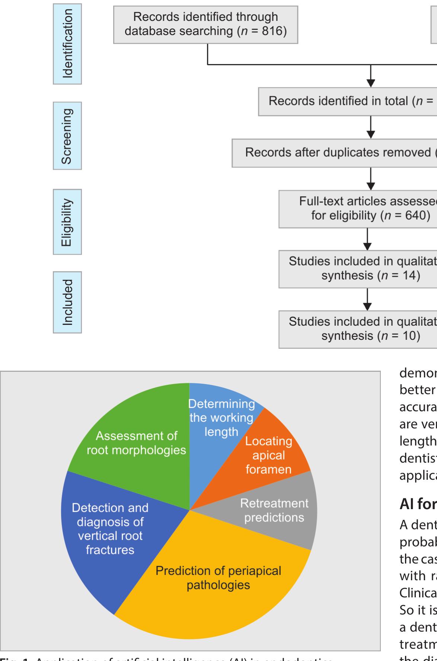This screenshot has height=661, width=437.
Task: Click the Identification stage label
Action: coord(67,44)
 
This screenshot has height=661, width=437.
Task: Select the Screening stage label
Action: coord(67,136)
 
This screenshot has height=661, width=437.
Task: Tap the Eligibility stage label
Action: coord(67,222)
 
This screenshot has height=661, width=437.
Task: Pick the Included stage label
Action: coord(67,302)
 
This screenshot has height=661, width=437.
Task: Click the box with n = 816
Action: coord(205,25)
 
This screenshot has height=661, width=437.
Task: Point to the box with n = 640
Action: coord(358,208)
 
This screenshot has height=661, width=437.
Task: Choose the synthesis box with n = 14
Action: coord(358,269)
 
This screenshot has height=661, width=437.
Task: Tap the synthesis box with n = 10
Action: coord(358,329)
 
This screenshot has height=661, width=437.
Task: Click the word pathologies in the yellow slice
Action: coord(218,585)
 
